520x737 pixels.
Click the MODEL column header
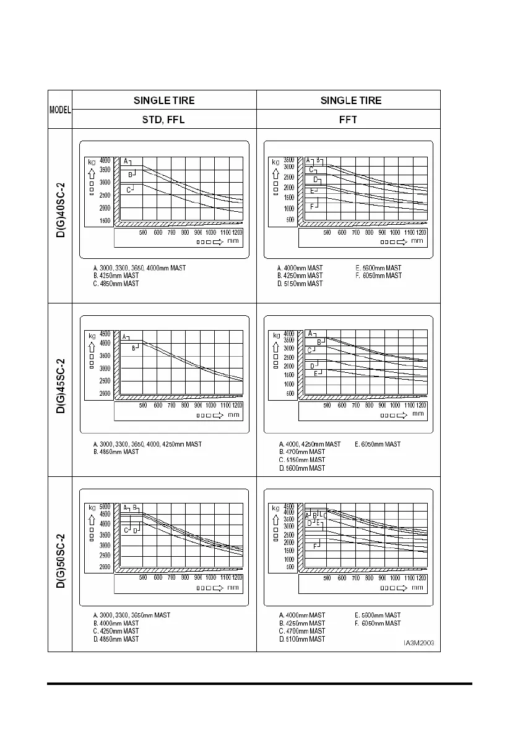tap(60, 109)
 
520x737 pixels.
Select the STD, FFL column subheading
tap(163, 120)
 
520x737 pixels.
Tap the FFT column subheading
tap(348, 120)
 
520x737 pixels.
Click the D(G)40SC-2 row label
tap(60, 216)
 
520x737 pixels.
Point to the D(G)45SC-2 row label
tap(60, 390)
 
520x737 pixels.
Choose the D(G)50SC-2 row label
tap(60, 564)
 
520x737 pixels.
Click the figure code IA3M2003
tap(418, 643)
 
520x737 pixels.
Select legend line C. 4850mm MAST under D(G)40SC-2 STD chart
tap(115, 284)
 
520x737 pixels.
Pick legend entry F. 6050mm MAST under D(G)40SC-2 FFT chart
tap(378, 276)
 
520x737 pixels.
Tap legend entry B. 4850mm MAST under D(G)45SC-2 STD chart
tap(115, 452)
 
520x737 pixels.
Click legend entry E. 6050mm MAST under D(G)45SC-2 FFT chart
tap(378, 444)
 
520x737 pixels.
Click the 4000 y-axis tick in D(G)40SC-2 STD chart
tap(105, 160)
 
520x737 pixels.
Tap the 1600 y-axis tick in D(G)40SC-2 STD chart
tap(105, 220)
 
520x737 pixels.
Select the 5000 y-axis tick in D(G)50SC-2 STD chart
tap(105, 507)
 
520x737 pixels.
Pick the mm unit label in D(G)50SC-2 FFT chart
tap(418, 587)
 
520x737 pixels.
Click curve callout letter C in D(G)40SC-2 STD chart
tap(128, 190)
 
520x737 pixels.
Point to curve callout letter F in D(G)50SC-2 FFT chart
tap(316, 546)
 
